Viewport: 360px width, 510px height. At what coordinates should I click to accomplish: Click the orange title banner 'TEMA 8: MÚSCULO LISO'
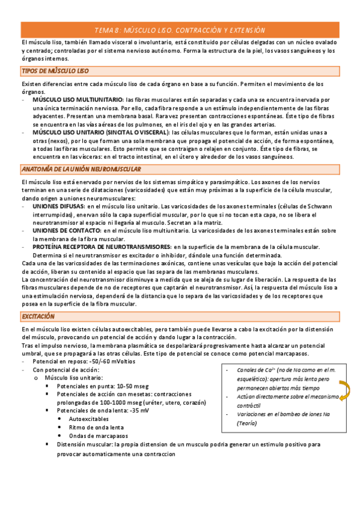click(180, 30)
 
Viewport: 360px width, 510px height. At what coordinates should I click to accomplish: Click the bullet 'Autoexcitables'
click(90, 418)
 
